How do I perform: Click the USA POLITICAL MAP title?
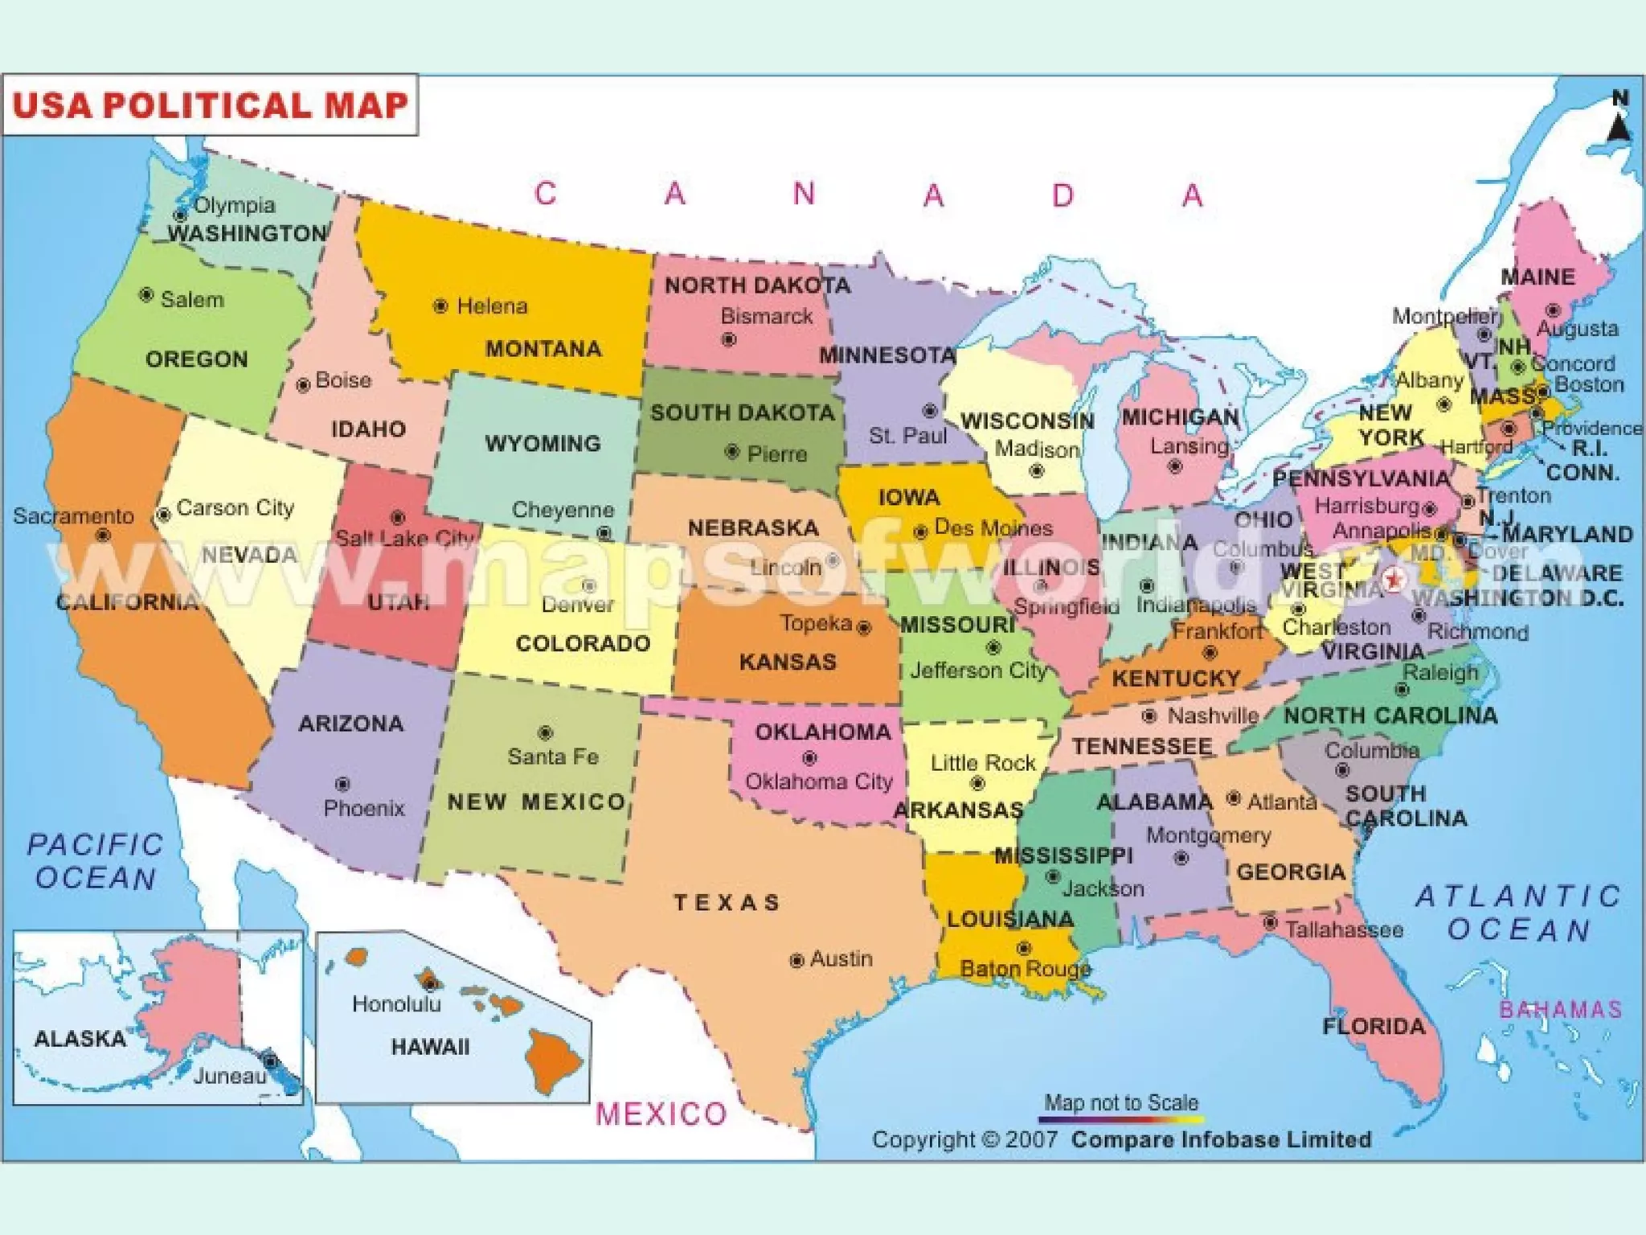211,105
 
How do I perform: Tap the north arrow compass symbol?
1619,121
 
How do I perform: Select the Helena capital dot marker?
440,306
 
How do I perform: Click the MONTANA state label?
543,349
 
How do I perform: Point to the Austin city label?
841,958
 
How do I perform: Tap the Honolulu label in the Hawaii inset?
396,1004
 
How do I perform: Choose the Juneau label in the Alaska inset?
229,1076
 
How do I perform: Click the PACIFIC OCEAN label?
96,861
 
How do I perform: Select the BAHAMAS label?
1561,1010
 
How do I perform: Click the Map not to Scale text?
1121,1102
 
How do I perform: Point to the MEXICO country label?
661,1114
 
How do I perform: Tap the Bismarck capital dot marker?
729,340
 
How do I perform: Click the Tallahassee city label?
1344,930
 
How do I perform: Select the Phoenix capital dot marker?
342,784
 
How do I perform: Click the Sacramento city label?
73,516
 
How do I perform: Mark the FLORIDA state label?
1374,1026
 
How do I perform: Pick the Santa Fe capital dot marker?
545,732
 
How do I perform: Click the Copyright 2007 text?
964,1139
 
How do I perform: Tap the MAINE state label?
1537,277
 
